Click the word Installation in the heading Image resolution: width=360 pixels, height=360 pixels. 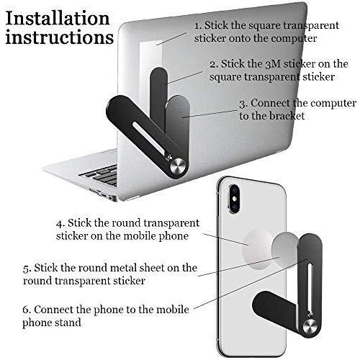[x=58, y=18]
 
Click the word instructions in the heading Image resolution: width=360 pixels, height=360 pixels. [x=60, y=37]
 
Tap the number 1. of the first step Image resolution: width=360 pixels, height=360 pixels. [x=198, y=25]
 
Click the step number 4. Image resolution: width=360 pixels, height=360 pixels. [x=60, y=223]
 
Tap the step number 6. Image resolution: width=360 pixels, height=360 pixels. [x=27, y=310]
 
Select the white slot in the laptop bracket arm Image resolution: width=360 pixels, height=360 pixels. [x=149, y=138]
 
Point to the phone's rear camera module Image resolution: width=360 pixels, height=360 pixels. [x=234, y=199]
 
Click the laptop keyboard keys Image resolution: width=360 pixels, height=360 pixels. [x=101, y=175]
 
